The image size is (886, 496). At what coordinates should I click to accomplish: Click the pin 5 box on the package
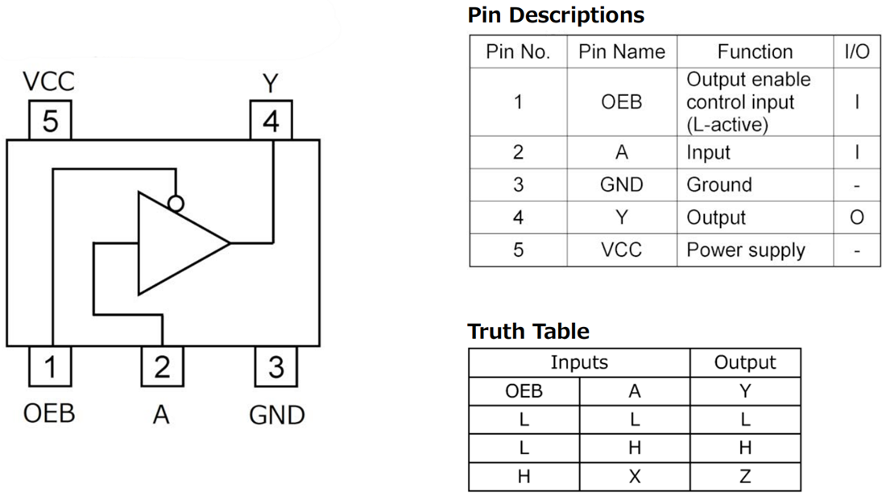[50, 121]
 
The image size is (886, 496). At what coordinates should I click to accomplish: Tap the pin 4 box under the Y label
[271, 121]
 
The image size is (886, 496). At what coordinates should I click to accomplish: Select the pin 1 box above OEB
[50, 367]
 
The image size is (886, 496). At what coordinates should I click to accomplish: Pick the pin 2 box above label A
[162, 367]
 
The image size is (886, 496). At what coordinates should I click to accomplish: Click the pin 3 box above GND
[275, 367]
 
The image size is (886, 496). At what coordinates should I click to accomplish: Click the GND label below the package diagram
[276, 415]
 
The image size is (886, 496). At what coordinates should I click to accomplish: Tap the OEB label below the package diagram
[50, 415]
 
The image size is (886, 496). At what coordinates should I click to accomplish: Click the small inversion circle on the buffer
[175, 203]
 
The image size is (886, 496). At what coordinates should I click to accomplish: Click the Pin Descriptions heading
[556, 14]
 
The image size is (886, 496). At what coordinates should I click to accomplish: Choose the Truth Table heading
[528, 331]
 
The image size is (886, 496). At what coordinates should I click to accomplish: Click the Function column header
[755, 52]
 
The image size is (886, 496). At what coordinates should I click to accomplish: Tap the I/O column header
[857, 52]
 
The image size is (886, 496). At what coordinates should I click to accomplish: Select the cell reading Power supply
[745, 250]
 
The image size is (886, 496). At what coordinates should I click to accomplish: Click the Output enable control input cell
[748, 102]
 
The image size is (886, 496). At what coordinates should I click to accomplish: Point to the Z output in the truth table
[745, 477]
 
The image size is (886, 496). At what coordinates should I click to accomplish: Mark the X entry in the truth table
[635, 477]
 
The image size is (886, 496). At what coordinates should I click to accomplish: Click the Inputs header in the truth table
[579, 363]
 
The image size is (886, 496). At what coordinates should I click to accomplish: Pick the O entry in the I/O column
[857, 217]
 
